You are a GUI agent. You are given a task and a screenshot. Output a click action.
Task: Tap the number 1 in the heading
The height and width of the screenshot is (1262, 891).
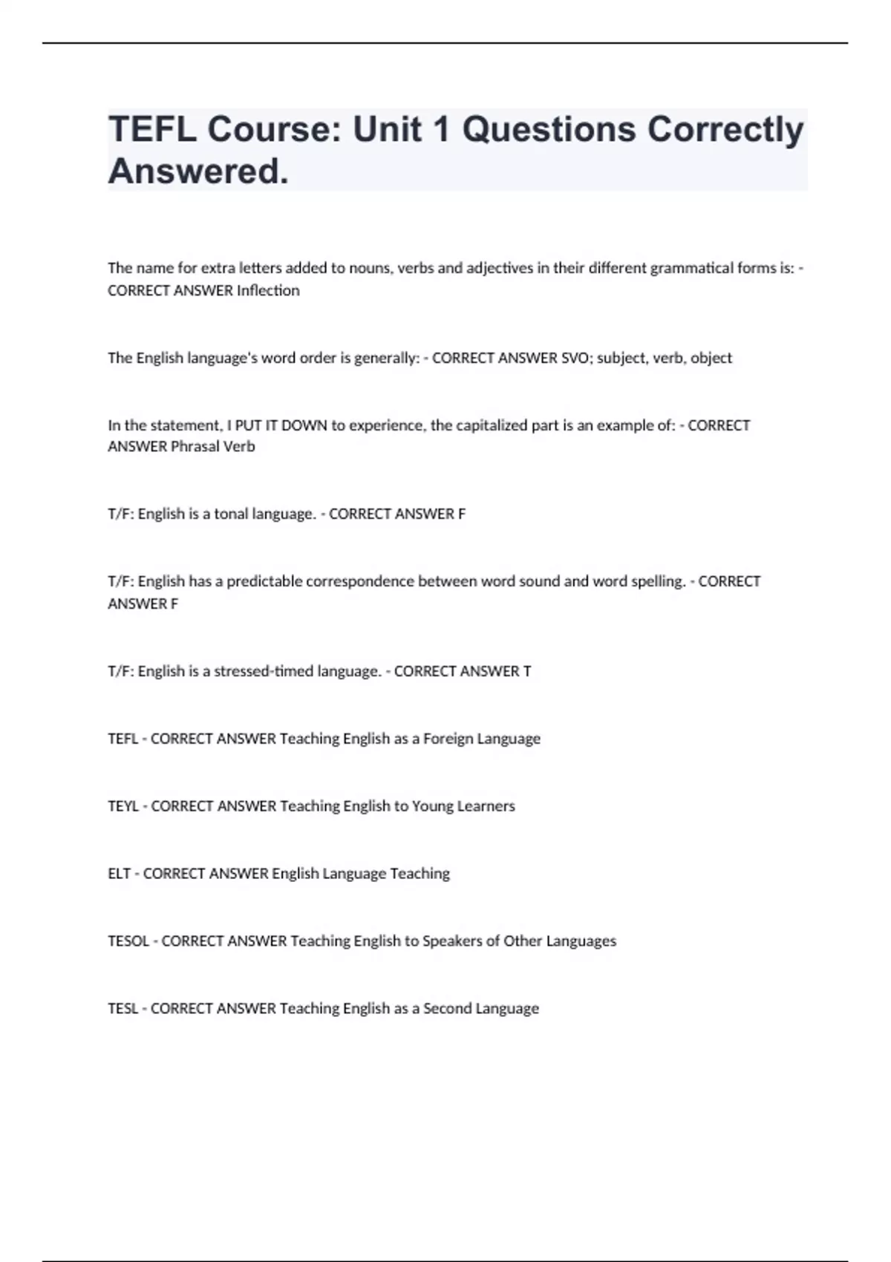coord(440,130)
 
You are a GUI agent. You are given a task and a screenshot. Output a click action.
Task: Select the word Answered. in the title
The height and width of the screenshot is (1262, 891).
coord(198,172)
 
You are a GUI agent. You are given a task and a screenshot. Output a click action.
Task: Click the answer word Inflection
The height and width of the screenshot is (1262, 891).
coord(268,291)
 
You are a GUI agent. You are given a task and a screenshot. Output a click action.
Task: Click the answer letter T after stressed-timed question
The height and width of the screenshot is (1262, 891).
coord(527,671)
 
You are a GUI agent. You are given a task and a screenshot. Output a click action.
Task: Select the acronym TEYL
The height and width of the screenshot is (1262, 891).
coord(123,806)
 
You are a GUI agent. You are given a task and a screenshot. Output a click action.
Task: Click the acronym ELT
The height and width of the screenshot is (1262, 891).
coord(119,874)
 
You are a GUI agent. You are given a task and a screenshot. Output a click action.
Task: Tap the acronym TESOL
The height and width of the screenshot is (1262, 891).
coord(128,941)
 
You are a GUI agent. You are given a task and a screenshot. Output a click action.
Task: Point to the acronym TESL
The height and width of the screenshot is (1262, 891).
coord(123,1009)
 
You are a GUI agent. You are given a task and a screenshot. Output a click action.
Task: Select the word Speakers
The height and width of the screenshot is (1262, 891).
coord(452,941)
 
